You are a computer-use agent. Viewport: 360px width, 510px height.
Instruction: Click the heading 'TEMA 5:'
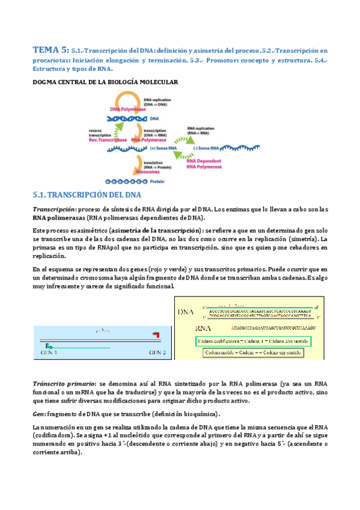50,50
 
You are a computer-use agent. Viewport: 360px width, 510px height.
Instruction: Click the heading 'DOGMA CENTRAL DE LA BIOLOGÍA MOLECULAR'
105,82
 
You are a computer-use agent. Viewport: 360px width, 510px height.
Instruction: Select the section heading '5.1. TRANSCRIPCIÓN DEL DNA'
87,195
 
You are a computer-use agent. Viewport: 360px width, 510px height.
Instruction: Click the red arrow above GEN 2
156,333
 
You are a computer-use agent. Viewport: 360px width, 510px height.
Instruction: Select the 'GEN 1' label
49,352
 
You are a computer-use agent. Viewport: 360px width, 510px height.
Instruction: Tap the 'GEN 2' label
156,352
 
